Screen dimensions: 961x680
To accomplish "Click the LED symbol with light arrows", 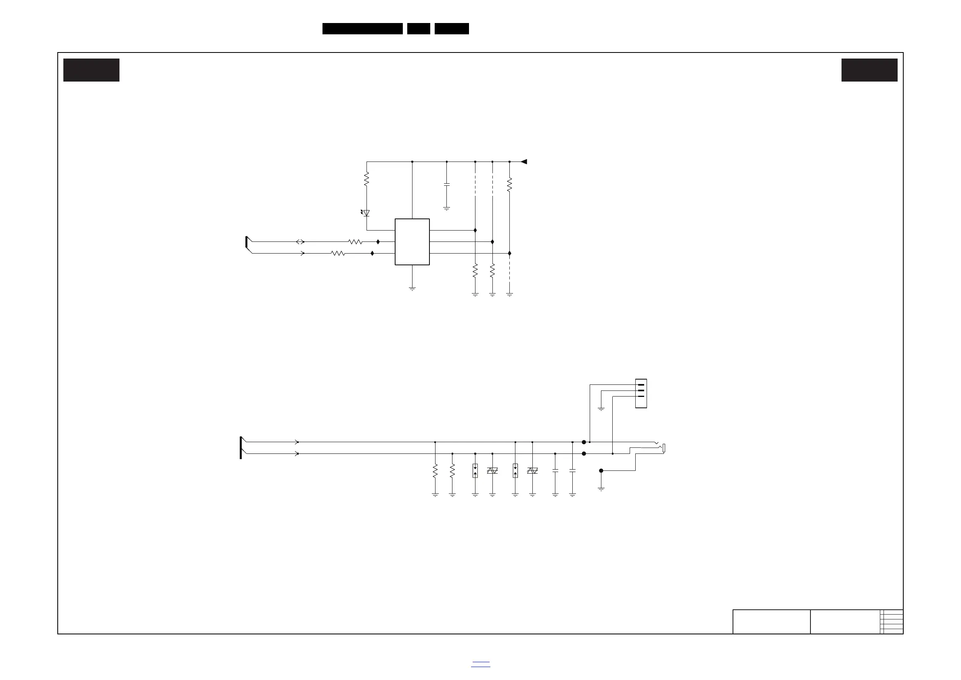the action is (x=366, y=213).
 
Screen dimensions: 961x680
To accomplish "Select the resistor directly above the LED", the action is (x=366, y=179).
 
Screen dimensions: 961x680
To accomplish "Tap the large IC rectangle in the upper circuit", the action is (x=412, y=241).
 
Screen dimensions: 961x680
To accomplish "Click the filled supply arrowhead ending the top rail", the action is (x=523, y=162).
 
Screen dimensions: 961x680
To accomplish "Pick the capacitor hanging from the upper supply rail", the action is (x=447, y=184).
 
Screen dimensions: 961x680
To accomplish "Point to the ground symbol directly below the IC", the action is (x=412, y=288).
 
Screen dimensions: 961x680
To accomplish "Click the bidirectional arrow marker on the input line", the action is (x=300, y=241).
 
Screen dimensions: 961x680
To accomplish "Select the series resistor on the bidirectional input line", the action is (x=355, y=241).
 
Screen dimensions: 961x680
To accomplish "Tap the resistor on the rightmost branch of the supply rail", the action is (x=509, y=185).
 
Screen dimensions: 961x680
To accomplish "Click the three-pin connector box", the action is (x=641, y=393).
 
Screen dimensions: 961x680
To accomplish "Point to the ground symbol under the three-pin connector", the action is (x=601, y=409).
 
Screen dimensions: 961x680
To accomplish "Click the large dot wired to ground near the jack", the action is (x=601, y=471).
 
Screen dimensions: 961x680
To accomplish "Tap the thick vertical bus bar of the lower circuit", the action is (x=241, y=447).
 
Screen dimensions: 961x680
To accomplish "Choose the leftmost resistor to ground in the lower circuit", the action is (x=435, y=471).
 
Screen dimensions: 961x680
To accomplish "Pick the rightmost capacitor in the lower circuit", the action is (x=573, y=471).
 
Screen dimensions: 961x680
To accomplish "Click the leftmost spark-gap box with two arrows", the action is (x=475, y=471).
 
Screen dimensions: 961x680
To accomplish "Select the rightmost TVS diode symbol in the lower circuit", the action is (x=532, y=471).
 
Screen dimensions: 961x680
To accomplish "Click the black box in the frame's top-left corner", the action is (x=91, y=70).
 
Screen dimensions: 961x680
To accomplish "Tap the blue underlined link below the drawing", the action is (x=480, y=664).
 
